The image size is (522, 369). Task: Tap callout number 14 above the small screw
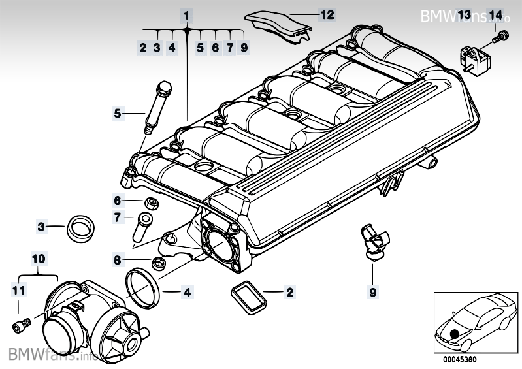495,14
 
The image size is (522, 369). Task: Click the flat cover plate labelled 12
278,23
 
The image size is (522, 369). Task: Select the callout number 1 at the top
186,14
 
